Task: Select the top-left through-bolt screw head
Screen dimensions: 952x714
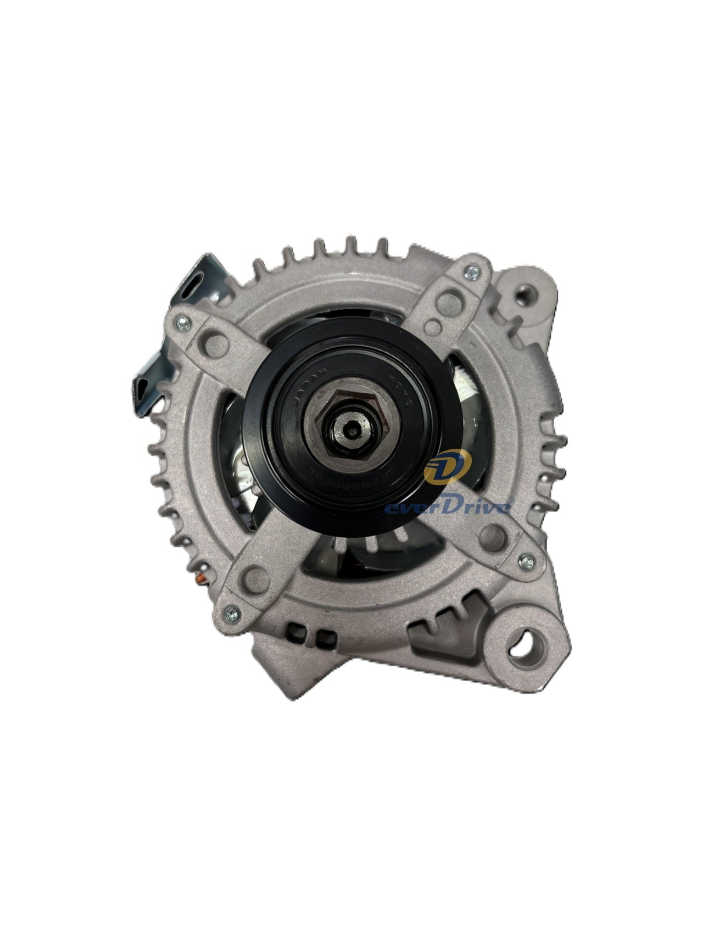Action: [183, 324]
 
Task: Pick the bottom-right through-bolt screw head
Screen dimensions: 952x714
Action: [525, 561]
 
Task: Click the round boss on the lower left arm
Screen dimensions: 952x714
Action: [254, 576]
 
